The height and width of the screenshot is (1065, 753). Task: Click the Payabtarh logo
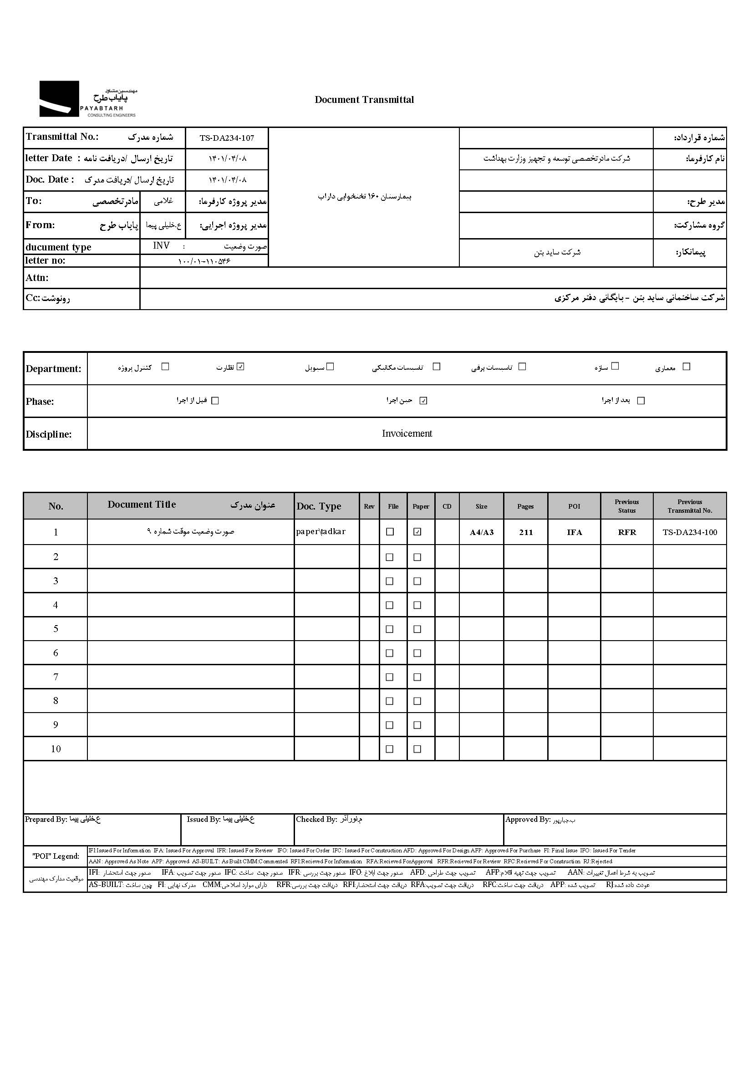[x=88, y=99]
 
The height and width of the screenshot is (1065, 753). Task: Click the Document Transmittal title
[x=364, y=100]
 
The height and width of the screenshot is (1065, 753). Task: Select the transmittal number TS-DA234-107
[x=227, y=138]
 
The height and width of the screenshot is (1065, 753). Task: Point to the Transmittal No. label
[x=62, y=137]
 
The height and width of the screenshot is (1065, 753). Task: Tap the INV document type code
[x=161, y=246]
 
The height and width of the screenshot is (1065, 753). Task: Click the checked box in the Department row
[x=240, y=367]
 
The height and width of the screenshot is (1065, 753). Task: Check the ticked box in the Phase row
[x=423, y=400]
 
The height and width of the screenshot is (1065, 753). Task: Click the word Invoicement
[x=407, y=433]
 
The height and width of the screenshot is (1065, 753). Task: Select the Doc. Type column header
[x=319, y=506]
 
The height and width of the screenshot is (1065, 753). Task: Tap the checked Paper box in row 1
[x=417, y=531]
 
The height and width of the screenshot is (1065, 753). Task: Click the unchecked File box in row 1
[x=390, y=531]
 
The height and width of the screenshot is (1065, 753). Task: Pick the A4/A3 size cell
[x=481, y=532]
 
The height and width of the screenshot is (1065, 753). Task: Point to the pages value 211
[x=526, y=532]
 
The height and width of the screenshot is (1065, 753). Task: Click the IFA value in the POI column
[x=574, y=532]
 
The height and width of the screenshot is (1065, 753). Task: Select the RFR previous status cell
[x=627, y=532]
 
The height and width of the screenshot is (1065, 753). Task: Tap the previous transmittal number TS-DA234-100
[x=689, y=532]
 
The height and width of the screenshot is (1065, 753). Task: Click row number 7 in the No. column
[x=56, y=677]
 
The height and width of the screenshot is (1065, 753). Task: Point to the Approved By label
[x=528, y=820]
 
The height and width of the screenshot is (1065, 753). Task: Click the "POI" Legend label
[x=56, y=856]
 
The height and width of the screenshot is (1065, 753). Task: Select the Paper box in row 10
[x=417, y=749]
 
